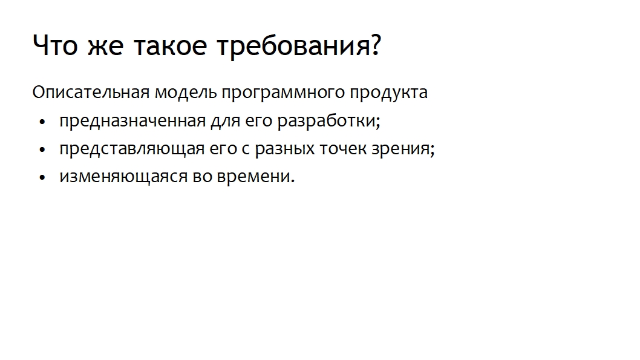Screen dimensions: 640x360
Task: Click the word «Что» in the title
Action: [55, 45]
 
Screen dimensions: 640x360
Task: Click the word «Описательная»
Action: [91, 92]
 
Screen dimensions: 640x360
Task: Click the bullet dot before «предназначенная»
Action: [42, 122]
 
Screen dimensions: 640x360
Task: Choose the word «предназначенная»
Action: [132, 121]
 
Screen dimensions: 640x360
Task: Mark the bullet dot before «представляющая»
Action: [42, 150]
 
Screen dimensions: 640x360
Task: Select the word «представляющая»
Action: [132, 149]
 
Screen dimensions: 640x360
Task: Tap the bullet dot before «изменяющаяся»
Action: [42, 178]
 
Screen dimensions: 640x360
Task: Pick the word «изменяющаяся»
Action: [123, 177]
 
